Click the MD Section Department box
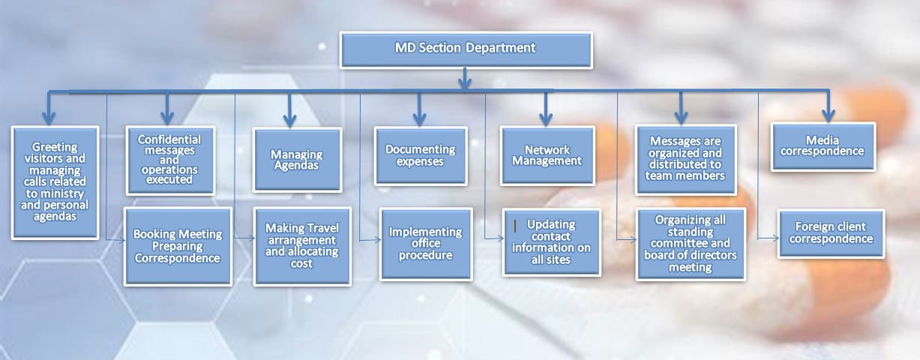pyautogui.click(x=466, y=50)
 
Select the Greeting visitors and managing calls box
pyautogui.click(x=55, y=182)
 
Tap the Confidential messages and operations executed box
pyautogui.click(x=170, y=160)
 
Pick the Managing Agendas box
pyautogui.click(x=298, y=160)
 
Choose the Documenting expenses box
pyautogui.click(x=421, y=156)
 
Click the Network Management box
pyautogui.click(x=547, y=156)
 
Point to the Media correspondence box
pyautogui.click(x=823, y=147)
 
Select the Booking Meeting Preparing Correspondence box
pyautogui.click(x=178, y=247)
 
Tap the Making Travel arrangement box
pyautogui.click(x=302, y=246)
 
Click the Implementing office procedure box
pyautogui.click(x=426, y=244)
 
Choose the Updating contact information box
pyautogui.click(x=552, y=242)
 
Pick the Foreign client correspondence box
pyautogui.click(x=831, y=234)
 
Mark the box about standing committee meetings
pyautogui.click(x=691, y=244)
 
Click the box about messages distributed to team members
pyautogui.click(x=685, y=160)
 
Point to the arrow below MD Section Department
pyautogui.click(x=465, y=79)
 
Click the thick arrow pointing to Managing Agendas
pyautogui.click(x=289, y=109)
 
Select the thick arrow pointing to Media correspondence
pyautogui.click(x=829, y=106)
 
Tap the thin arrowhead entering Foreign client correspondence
pyautogui.click(x=775, y=238)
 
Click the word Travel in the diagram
pyautogui.click(x=323, y=228)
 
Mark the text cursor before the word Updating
pyautogui.click(x=515, y=226)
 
